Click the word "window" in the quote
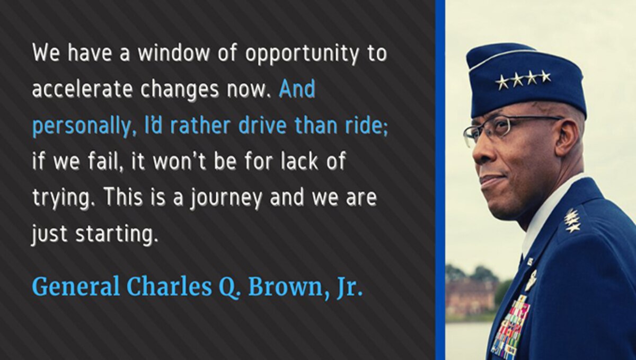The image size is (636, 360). point(174,53)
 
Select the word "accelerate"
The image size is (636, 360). point(82,89)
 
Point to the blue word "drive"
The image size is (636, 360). point(262,125)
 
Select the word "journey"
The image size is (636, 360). point(226,199)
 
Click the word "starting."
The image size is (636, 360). point(117,234)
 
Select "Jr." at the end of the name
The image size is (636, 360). point(350,287)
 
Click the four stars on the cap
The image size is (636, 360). point(523,80)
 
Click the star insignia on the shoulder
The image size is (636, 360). point(571,219)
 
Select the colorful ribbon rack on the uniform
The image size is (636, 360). point(510,327)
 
